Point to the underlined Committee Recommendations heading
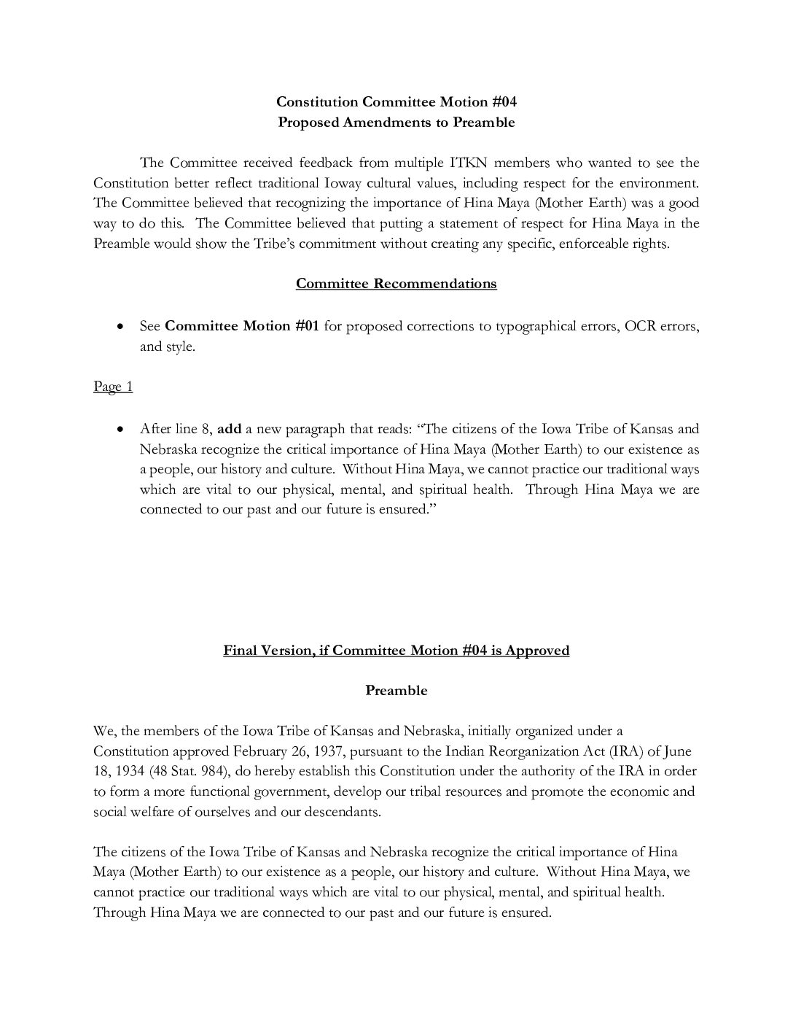[x=396, y=284]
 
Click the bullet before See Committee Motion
[x=120, y=327]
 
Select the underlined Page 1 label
[x=113, y=387]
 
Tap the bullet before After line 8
[x=120, y=430]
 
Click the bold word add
[x=230, y=429]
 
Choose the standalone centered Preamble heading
[x=396, y=691]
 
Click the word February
[x=260, y=751]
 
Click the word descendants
[x=343, y=812]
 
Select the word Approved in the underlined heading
[x=537, y=650]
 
